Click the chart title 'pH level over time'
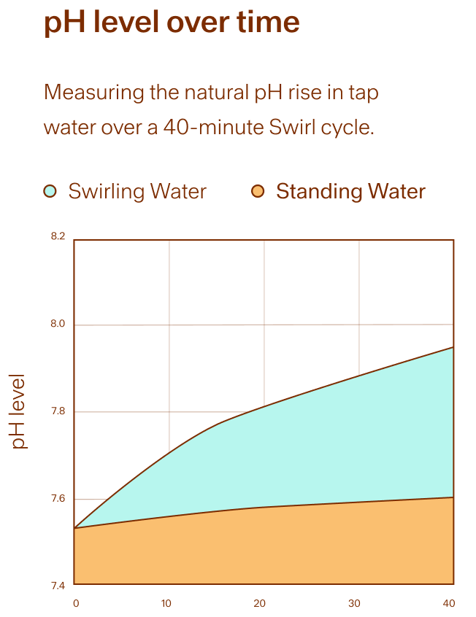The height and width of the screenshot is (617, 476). coord(172,22)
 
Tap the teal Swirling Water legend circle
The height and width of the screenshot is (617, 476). coord(50,191)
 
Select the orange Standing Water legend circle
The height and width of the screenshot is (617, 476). coord(258,191)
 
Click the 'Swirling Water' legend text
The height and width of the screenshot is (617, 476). coord(137,192)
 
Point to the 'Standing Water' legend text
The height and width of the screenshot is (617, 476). coord(350,192)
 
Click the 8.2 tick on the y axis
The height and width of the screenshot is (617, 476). coord(58,236)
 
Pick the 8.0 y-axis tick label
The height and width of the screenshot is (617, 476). coord(58,324)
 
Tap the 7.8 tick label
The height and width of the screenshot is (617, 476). coord(58,411)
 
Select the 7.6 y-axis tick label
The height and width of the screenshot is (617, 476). coord(58,498)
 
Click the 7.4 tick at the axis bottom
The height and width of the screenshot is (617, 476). coord(58,586)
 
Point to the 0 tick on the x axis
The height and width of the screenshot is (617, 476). coord(76,603)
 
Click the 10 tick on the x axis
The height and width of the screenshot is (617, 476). coord(166,603)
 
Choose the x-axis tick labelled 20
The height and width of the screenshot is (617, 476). coord(260,603)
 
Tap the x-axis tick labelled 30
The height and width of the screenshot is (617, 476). coord(354,603)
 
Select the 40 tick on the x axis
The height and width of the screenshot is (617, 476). coord(449,603)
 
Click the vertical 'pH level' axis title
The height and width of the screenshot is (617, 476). coord(18,411)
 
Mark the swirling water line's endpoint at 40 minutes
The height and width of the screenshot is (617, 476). coord(453,347)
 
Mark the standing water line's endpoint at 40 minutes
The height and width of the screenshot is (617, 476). coord(453,497)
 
